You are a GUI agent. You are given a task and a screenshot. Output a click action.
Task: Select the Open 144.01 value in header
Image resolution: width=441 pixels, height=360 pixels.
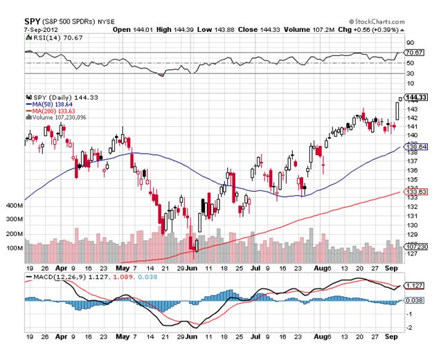(x=130, y=30)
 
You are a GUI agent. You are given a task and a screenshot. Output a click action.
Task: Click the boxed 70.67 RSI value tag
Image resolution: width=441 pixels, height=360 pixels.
(x=414, y=52)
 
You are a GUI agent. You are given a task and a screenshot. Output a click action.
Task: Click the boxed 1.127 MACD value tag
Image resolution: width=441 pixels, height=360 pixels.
(x=414, y=286)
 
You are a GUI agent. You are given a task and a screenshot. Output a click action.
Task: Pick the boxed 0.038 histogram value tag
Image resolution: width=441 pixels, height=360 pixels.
(x=414, y=300)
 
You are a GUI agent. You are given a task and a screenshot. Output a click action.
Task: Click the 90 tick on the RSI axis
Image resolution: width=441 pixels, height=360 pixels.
(x=409, y=43)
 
